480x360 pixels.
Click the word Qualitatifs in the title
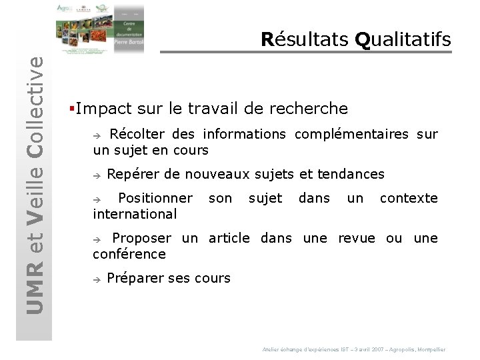pyautogui.click(x=403, y=39)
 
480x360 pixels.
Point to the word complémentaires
pyautogui.click(x=351, y=134)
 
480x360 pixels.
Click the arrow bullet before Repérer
pyautogui.click(x=97, y=175)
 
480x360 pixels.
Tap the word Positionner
pyautogui.click(x=155, y=198)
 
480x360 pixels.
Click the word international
pyautogui.click(x=135, y=214)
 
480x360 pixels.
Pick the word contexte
pyautogui.click(x=409, y=198)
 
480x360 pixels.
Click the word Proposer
pyautogui.click(x=141, y=238)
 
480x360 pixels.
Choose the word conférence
pyautogui.click(x=129, y=254)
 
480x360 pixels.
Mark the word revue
pyautogui.click(x=356, y=238)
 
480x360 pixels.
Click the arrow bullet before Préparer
pyautogui.click(x=97, y=279)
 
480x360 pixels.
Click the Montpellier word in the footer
pyautogui.click(x=431, y=349)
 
